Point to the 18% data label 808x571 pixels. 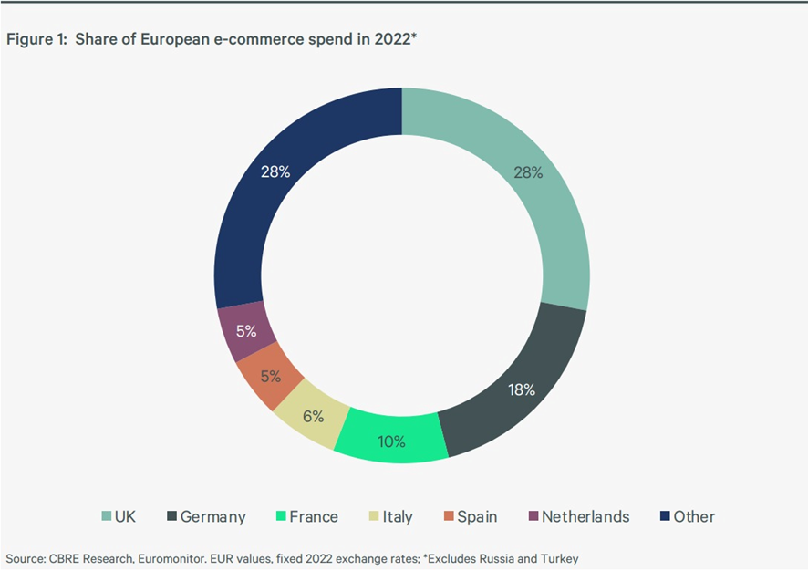coord(523,389)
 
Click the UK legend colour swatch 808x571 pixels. coord(105,517)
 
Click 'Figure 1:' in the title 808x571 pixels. coord(36,39)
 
